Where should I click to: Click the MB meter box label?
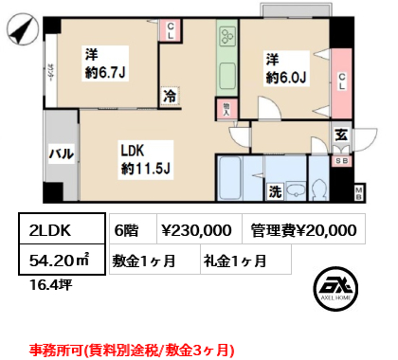pyautogui.click(x=358, y=193)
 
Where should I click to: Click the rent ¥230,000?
pyautogui.click(x=196, y=229)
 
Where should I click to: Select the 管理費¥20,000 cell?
pyautogui.click(x=303, y=229)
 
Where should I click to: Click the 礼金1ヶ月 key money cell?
pyautogui.click(x=234, y=259)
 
